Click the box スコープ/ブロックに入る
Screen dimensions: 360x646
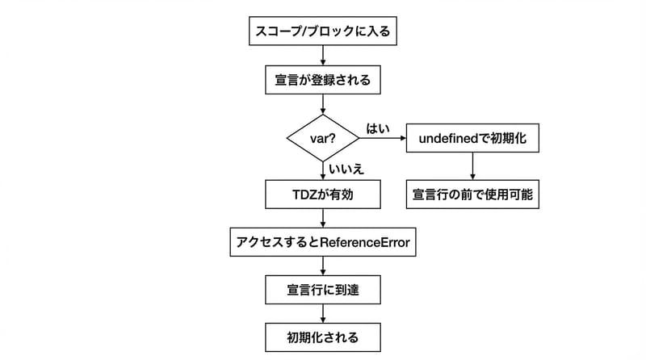click(x=323, y=33)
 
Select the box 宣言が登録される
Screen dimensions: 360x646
click(x=323, y=80)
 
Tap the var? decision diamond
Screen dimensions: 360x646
click(x=323, y=137)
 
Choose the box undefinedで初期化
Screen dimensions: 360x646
click(x=472, y=138)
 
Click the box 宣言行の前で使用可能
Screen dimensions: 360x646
click(x=472, y=194)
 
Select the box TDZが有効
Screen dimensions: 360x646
click(x=323, y=194)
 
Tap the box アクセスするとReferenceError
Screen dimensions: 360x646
click(x=323, y=242)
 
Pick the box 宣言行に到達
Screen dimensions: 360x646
click(x=323, y=288)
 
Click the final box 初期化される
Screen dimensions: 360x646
click(x=323, y=335)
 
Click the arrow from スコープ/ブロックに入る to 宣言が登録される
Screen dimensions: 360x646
click(x=323, y=56)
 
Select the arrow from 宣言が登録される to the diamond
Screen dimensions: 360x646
click(x=323, y=103)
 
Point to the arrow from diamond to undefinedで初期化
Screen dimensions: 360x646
click(x=382, y=138)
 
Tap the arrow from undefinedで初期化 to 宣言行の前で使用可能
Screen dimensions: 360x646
click(x=472, y=165)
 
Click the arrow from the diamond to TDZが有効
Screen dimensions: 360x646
click(x=323, y=170)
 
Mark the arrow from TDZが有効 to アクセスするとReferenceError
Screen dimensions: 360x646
click(x=323, y=218)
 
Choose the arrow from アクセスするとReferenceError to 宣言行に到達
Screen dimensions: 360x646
click(x=323, y=265)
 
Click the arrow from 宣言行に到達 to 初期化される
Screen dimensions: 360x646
click(x=323, y=312)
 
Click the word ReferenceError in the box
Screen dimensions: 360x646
click(x=365, y=242)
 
